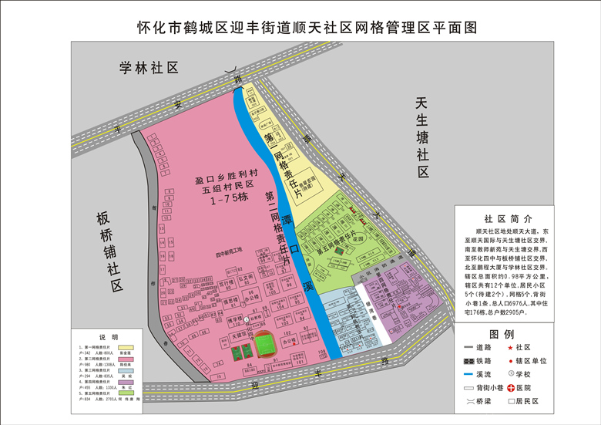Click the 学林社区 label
tap(149, 69)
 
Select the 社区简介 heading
tap(505, 219)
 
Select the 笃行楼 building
tap(227, 283)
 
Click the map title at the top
tap(301, 27)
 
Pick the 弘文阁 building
tap(246, 276)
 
